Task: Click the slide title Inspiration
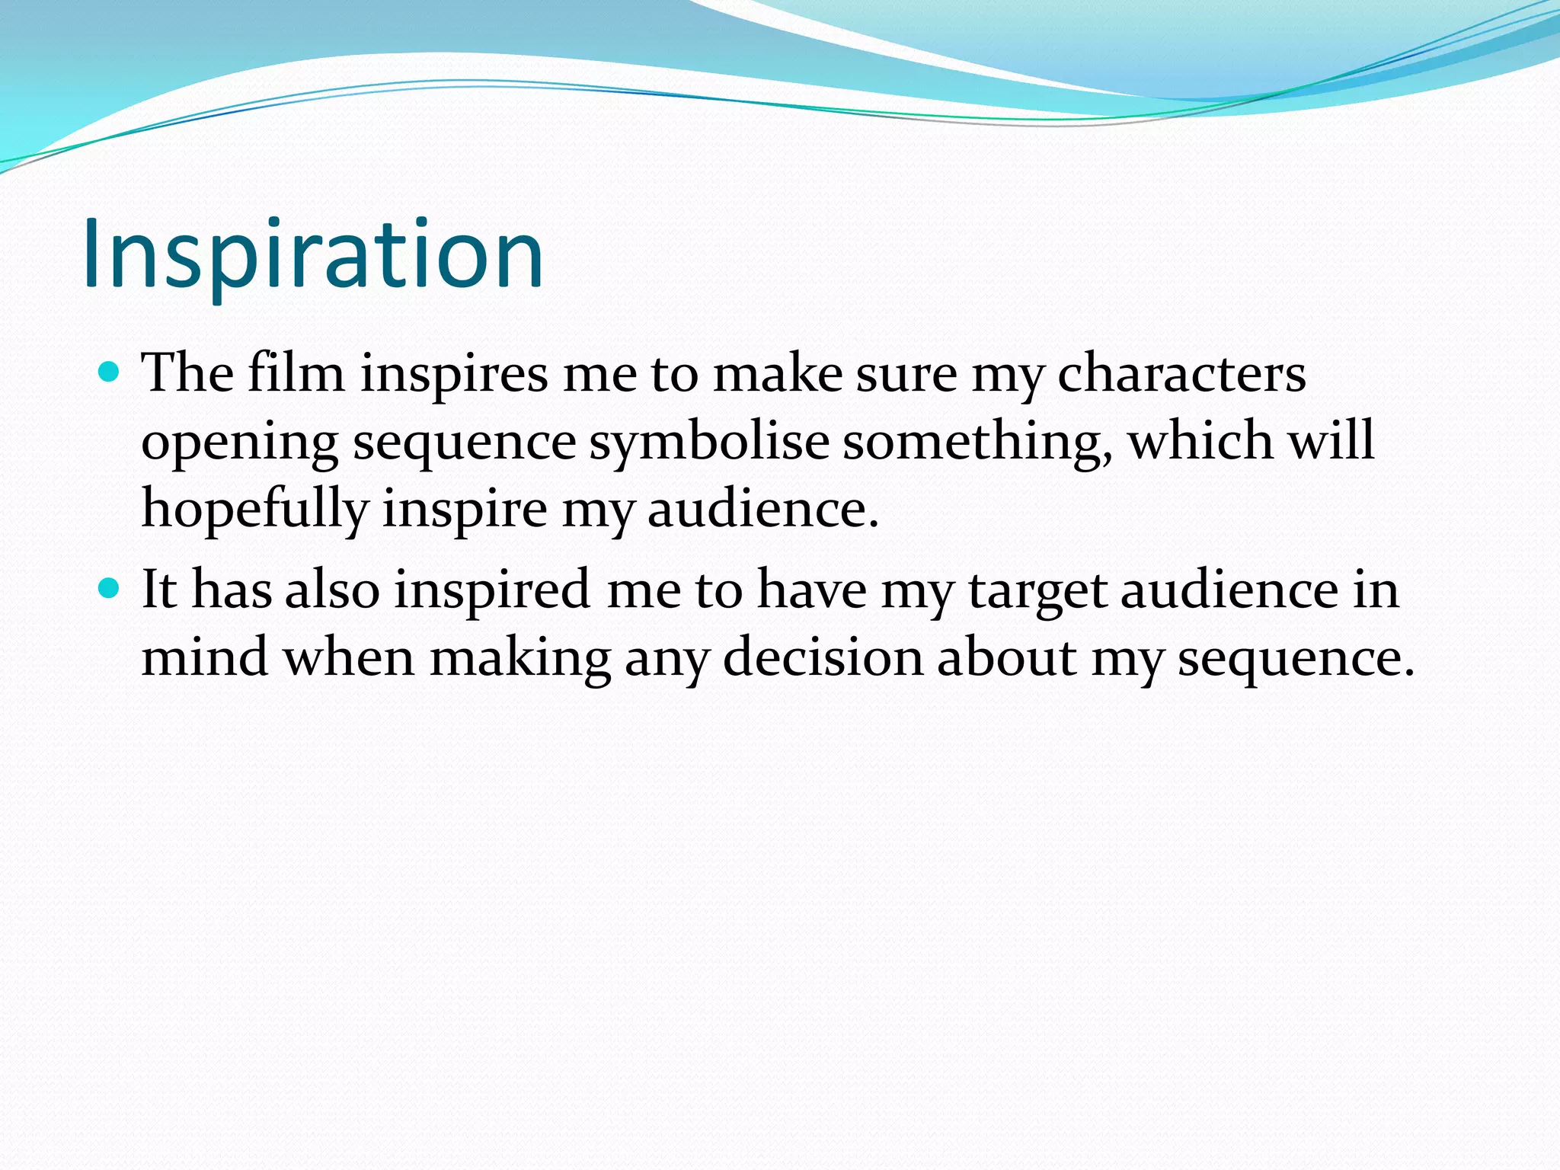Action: point(313,254)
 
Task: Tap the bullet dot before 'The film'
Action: point(110,372)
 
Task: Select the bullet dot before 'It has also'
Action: point(110,589)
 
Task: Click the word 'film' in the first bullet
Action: point(296,374)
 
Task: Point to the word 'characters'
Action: point(1181,374)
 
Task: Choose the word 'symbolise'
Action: point(708,443)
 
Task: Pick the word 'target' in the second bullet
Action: point(1037,592)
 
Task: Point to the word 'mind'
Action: point(204,657)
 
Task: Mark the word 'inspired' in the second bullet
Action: point(491,592)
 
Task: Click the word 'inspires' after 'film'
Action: point(454,376)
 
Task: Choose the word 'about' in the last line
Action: point(1006,657)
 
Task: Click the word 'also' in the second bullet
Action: point(332,590)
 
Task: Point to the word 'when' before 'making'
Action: point(349,657)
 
